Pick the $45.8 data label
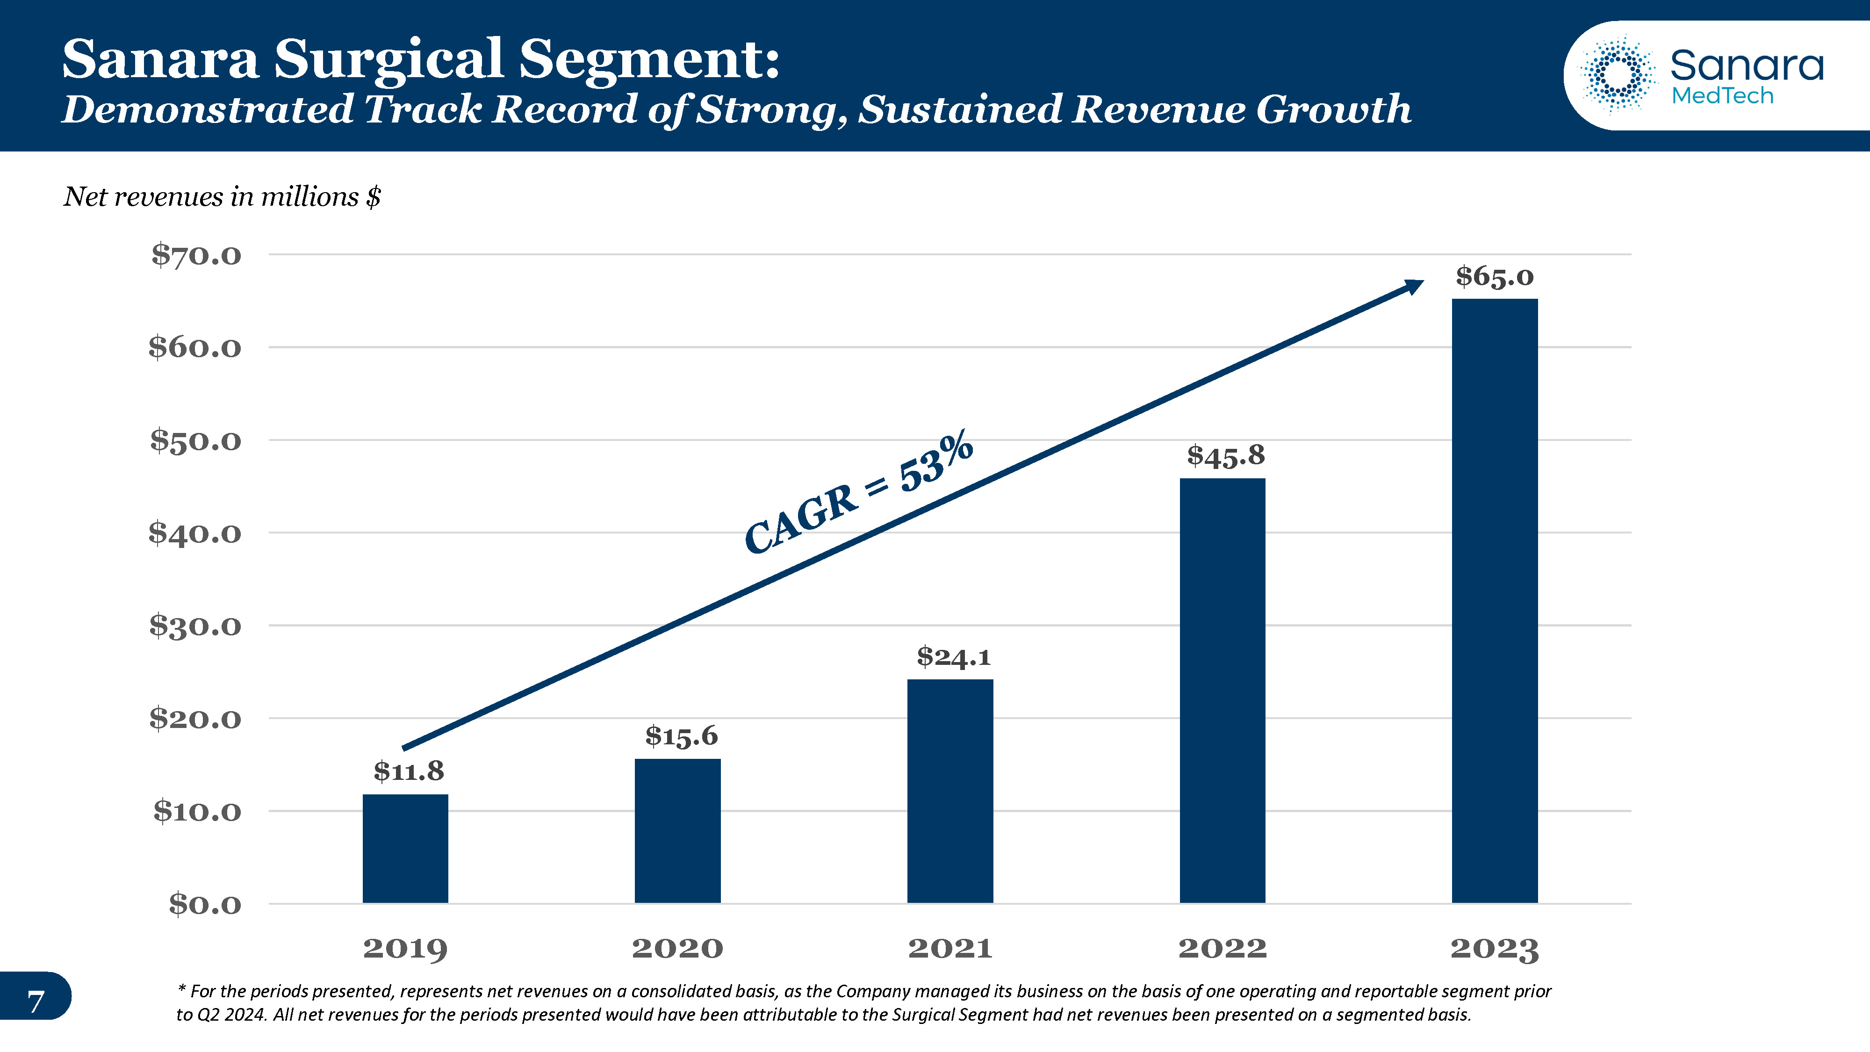(1225, 456)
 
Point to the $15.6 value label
(681, 736)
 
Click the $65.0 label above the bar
(1494, 277)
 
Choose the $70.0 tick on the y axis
(196, 256)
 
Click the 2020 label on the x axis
(677, 948)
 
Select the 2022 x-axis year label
(1223, 948)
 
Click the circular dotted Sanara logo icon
(1618, 75)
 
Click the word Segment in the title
(648, 59)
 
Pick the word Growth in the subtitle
(1333, 110)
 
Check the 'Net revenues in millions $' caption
(222, 197)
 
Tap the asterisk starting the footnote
(182, 990)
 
